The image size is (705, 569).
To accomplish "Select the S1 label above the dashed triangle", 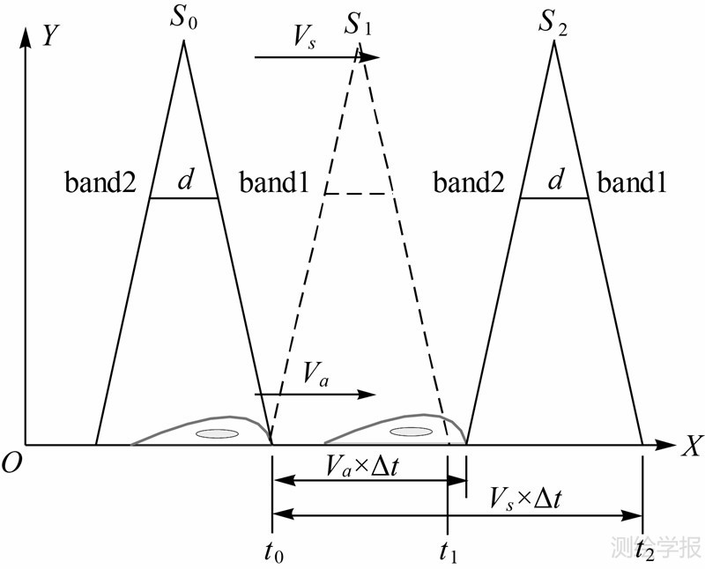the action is click(357, 24).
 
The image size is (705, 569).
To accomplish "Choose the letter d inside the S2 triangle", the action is click(555, 180).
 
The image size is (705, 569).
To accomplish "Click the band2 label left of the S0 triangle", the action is click(100, 183).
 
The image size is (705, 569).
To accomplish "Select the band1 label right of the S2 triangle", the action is click(633, 183).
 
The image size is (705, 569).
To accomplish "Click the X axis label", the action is click(690, 447).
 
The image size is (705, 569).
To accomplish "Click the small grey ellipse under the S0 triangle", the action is click(217, 432).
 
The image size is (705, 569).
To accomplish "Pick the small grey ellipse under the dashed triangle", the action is click(411, 431).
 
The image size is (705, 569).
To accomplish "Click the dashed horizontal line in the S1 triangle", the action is click(357, 193).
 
